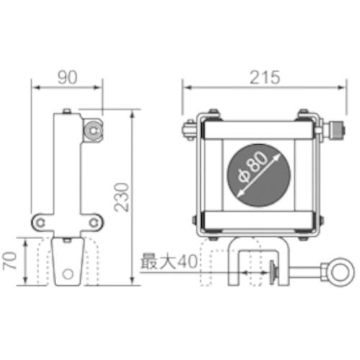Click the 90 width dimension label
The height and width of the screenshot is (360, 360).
pyautogui.click(x=68, y=77)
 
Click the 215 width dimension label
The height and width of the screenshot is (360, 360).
pyautogui.click(x=265, y=77)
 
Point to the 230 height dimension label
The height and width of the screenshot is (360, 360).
pyautogui.click(x=122, y=197)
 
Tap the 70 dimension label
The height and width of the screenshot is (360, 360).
pyautogui.click(x=9, y=261)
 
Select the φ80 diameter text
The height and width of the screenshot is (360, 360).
pyautogui.click(x=253, y=166)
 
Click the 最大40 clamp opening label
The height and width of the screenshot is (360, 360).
pyautogui.click(x=169, y=261)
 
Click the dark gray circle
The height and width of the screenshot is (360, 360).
pyautogui.click(x=258, y=175)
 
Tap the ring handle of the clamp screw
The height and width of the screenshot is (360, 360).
pyautogui.click(x=341, y=272)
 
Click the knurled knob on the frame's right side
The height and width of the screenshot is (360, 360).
pyautogui.click(x=337, y=130)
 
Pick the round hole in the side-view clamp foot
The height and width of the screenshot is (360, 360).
pyautogui.click(x=68, y=274)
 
